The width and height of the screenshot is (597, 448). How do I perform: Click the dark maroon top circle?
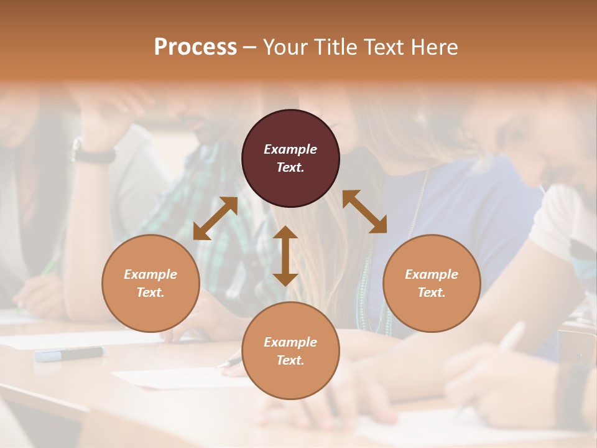click(x=290, y=159)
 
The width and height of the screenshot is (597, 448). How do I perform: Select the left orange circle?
click(x=150, y=284)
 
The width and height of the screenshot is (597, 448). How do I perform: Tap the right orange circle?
click(x=432, y=284)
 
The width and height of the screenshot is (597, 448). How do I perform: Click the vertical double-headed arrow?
click(x=285, y=256)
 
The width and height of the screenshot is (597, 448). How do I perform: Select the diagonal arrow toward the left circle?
click(x=215, y=218)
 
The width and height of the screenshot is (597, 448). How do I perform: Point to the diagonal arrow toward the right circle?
click(x=365, y=212)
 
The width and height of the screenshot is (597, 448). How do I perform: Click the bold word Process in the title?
click(x=195, y=47)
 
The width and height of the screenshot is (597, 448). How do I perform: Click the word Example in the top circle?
click(x=290, y=149)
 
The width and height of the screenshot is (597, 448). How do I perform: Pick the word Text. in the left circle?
click(x=150, y=292)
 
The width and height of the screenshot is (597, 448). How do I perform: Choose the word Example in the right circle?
click(x=432, y=274)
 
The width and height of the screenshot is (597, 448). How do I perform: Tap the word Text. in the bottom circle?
click(x=290, y=360)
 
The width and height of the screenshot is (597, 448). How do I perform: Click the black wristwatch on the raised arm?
click(x=93, y=153)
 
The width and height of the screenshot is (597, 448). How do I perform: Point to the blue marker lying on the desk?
click(x=69, y=354)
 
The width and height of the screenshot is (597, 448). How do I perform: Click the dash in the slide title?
click(x=250, y=47)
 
